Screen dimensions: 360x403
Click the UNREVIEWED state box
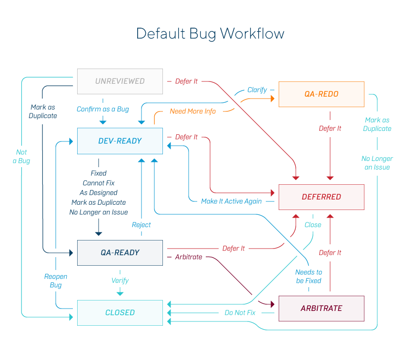120,81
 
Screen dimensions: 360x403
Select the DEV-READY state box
120,141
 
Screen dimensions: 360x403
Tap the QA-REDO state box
321,94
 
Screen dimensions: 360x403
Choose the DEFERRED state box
321,197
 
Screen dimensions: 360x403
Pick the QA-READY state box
120,252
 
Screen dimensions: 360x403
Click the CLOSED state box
120,312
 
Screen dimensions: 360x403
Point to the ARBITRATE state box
321,308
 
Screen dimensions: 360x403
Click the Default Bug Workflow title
210,34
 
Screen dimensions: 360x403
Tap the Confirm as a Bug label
103,109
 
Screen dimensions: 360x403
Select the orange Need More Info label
193,111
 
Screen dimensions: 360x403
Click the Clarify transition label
257,90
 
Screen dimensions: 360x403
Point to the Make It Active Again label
232,201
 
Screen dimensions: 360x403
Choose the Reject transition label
141,225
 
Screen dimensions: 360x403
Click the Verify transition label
120,280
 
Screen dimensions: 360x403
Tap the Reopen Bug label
56,281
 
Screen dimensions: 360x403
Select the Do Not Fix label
240,313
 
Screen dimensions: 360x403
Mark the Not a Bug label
21,157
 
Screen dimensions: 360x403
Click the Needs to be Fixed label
309,277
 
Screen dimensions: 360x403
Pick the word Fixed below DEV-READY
99,173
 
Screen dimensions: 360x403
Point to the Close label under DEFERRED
313,225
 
